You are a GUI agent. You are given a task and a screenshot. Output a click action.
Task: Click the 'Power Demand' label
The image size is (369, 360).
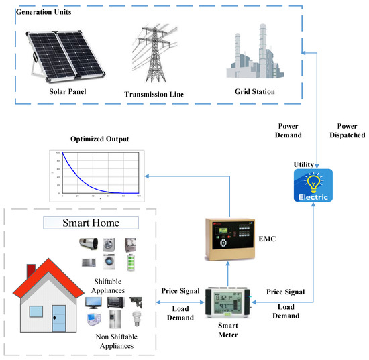point(292,129)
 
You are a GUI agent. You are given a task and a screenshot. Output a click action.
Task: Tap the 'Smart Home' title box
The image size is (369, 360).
point(90,221)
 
